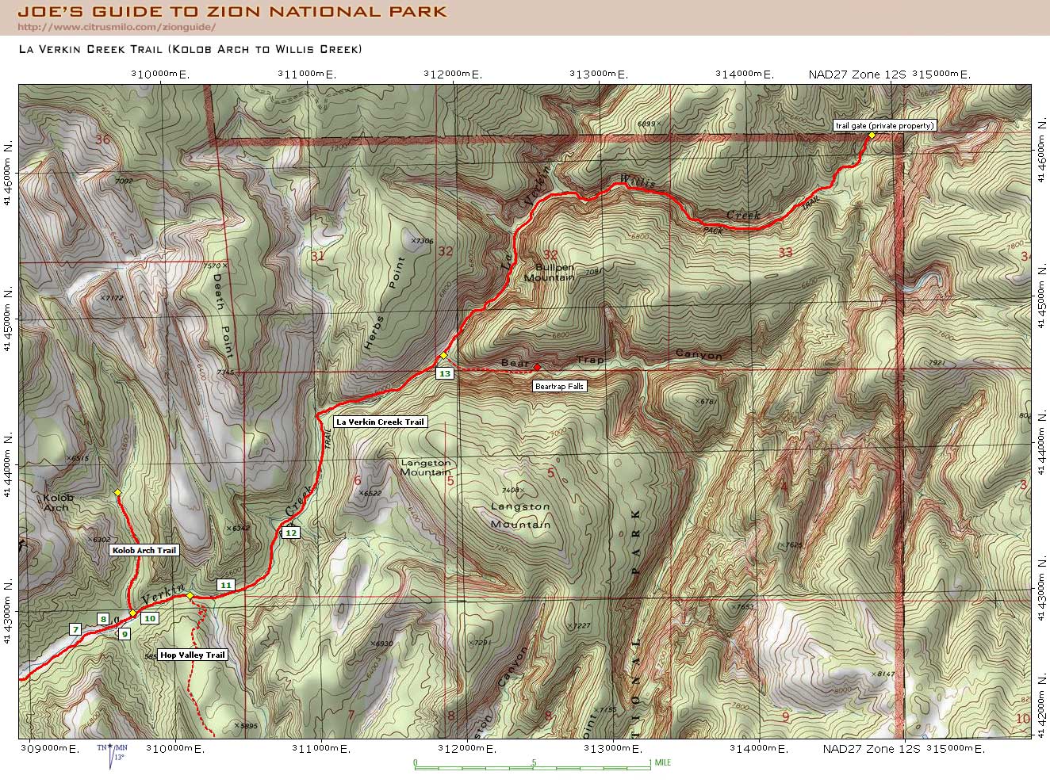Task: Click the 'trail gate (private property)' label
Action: [x=884, y=125]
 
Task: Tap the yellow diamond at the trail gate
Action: [x=871, y=136]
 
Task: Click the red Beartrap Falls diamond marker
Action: [x=537, y=367]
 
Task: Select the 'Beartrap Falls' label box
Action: [x=559, y=387]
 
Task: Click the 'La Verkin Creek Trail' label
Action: [x=380, y=422]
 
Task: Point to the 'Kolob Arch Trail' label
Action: [x=144, y=550]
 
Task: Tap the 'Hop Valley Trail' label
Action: [x=193, y=655]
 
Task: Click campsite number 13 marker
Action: [x=444, y=373]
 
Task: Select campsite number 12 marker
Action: [x=291, y=533]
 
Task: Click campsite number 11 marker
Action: [x=226, y=585]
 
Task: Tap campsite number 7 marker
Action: [x=75, y=629]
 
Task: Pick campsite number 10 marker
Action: [x=150, y=618]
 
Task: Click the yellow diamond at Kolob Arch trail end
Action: [x=117, y=493]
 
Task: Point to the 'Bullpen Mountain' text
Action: [x=550, y=273]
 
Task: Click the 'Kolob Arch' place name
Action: [x=58, y=502]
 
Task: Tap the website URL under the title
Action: [x=117, y=28]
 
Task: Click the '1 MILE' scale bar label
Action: [x=660, y=762]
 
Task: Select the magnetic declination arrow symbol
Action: [x=112, y=755]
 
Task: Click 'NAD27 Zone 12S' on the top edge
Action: [x=856, y=74]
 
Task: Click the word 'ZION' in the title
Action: [x=234, y=12]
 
